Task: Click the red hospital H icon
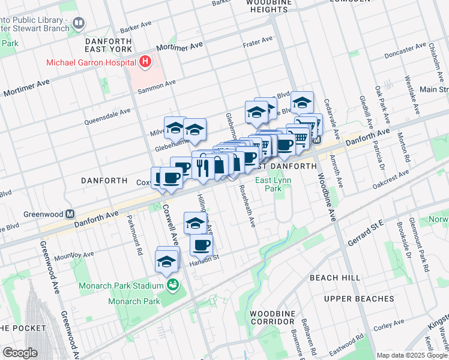[x=145, y=61]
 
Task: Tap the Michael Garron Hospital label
[x=89, y=62]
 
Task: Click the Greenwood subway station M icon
[x=70, y=214]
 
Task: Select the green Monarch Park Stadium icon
[x=173, y=285]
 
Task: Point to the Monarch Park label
[x=134, y=301]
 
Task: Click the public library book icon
[x=79, y=23]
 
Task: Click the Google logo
[x=20, y=353]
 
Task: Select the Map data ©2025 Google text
[x=412, y=355]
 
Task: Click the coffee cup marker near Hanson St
[x=201, y=245]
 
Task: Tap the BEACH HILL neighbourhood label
[x=335, y=278]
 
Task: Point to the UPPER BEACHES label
[x=359, y=299]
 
